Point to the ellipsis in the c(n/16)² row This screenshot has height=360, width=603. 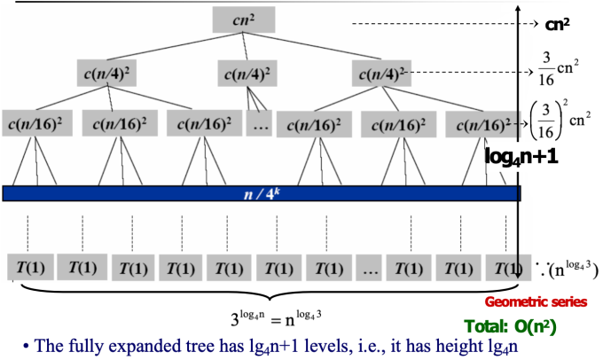click(x=261, y=124)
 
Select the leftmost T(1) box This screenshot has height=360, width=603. click(x=29, y=266)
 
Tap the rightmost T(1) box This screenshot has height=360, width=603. click(x=504, y=266)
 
